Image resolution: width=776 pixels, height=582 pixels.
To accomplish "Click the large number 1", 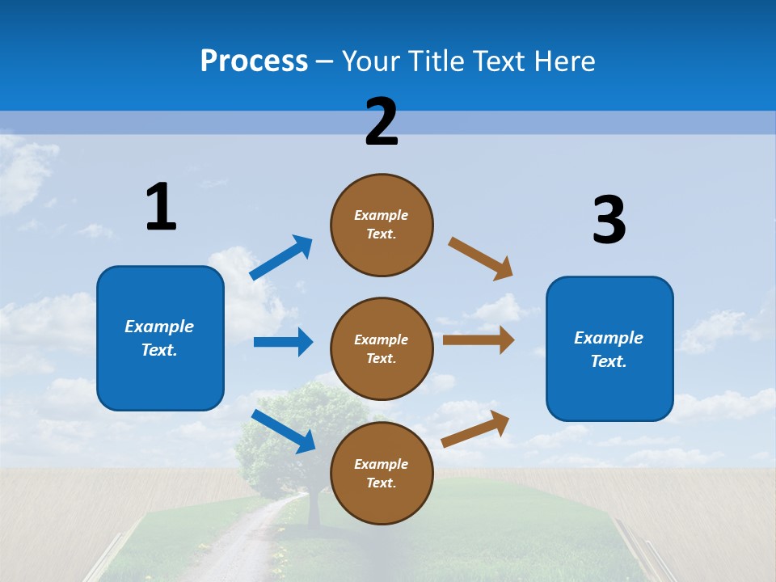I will [161, 208].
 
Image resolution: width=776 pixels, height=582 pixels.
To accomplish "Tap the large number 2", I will [382, 122].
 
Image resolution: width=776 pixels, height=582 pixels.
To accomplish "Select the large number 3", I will [609, 220].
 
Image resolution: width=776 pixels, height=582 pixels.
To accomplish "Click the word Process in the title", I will [254, 61].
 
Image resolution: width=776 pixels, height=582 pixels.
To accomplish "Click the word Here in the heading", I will [562, 61].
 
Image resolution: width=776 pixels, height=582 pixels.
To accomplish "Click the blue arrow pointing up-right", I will [281, 258].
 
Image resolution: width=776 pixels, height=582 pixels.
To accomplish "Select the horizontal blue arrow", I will [283, 342].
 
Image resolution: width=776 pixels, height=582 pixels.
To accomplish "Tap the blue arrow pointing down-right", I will [283, 431].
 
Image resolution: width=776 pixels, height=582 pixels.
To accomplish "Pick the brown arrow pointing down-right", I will [481, 259].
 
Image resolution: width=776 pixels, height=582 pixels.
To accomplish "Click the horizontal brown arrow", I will [479, 340].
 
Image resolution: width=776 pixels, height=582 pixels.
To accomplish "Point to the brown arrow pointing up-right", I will [475, 428].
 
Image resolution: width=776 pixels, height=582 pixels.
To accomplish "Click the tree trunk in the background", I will [314, 509].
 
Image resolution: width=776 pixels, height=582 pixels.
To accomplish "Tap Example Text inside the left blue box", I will [159, 338].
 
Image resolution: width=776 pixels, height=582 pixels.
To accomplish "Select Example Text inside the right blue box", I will [609, 349].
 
